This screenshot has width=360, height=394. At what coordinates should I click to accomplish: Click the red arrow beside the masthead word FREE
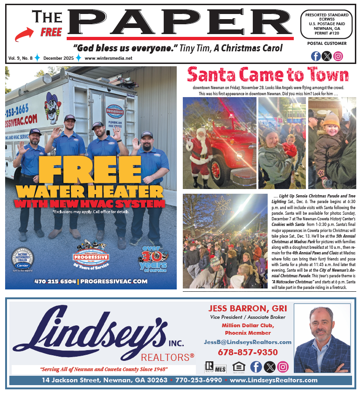[x=26, y=34]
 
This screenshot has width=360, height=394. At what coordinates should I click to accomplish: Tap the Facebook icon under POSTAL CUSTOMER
[x=316, y=56]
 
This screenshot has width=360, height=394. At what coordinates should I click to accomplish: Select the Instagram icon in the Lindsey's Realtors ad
[x=283, y=366]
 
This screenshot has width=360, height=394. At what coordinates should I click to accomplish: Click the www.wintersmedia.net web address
[x=108, y=58]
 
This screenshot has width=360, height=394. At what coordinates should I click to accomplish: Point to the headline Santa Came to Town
[x=268, y=75]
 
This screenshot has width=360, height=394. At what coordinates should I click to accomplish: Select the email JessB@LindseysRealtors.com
[x=248, y=342]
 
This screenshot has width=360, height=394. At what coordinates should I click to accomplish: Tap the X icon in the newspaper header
[x=327, y=56]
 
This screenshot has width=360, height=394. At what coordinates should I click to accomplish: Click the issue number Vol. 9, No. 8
[x=20, y=58]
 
